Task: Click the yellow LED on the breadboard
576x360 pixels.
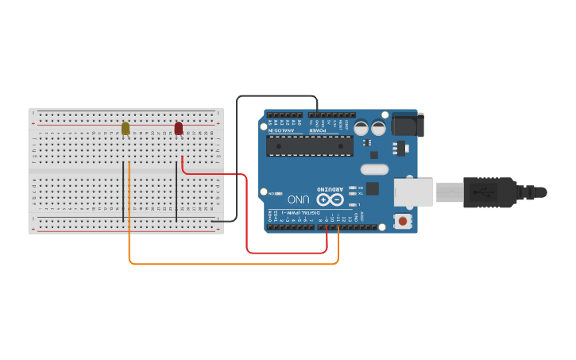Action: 126,128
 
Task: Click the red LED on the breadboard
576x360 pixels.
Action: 179,128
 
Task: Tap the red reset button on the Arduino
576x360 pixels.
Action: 403,221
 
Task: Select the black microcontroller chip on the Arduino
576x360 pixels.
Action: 310,145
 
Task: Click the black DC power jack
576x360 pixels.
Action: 408,124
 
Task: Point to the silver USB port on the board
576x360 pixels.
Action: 414,192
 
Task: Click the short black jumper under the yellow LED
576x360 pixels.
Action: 123,191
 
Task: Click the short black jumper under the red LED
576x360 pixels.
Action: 176,191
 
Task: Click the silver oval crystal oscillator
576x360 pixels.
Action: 374,168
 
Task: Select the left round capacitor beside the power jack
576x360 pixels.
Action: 361,127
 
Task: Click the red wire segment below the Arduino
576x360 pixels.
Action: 287,253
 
